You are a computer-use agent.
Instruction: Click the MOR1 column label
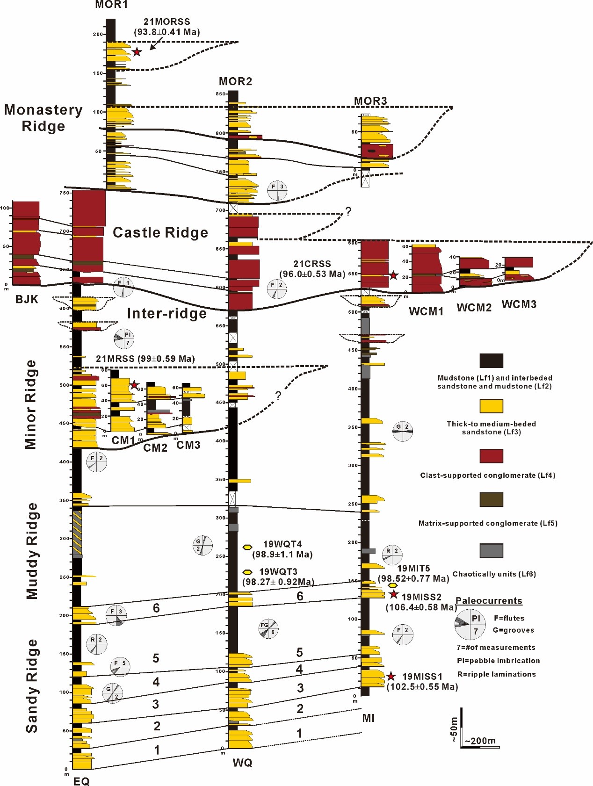click(x=111, y=5)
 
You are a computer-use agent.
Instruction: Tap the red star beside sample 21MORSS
click(x=137, y=52)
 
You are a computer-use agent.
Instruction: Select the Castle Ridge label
click(x=160, y=232)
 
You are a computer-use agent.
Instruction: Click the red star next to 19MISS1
click(x=391, y=676)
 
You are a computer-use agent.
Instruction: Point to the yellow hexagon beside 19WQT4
click(x=247, y=547)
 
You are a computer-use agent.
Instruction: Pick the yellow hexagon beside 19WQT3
click(x=248, y=572)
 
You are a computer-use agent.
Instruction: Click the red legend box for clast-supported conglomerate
click(x=491, y=456)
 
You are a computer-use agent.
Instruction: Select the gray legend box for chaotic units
click(x=491, y=551)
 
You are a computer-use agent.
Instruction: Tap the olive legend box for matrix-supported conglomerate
click(x=491, y=499)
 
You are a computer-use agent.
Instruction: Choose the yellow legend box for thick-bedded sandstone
click(x=491, y=406)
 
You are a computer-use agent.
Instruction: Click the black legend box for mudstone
click(x=491, y=361)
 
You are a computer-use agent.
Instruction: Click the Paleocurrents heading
click(x=489, y=601)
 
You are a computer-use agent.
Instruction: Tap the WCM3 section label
click(x=519, y=304)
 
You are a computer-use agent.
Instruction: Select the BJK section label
click(x=27, y=299)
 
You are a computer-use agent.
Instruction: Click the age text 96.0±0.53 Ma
click(x=312, y=274)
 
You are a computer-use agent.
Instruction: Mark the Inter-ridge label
click(x=167, y=313)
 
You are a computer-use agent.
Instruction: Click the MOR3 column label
click(x=370, y=101)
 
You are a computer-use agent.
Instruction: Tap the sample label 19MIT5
click(x=413, y=569)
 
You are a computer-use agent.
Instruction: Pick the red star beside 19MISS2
click(x=394, y=594)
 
